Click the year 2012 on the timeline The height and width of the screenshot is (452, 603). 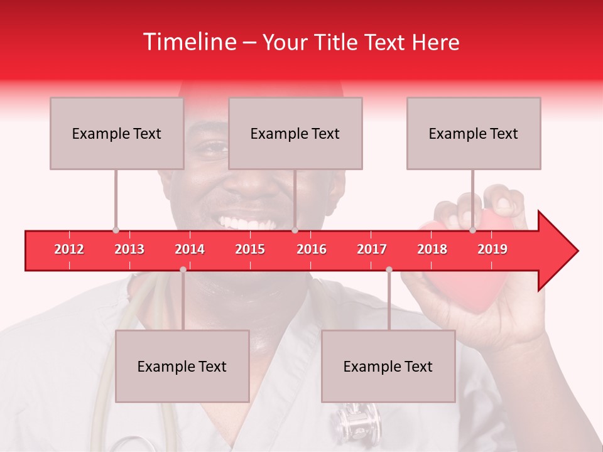(x=69, y=249)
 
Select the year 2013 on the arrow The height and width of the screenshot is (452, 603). (x=129, y=249)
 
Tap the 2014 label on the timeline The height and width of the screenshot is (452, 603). (x=190, y=249)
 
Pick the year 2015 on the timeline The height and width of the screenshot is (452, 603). (x=250, y=249)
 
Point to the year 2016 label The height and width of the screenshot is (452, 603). (x=312, y=249)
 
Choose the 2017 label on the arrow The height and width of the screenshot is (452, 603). (x=372, y=249)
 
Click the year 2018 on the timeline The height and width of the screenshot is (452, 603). (x=432, y=249)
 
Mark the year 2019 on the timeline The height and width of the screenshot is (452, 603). (x=492, y=249)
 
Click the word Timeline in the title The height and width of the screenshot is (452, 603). (x=189, y=42)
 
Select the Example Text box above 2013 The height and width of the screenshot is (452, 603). (x=117, y=133)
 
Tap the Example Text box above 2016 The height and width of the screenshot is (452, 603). (x=295, y=133)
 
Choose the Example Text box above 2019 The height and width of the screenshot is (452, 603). (x=474, y=133)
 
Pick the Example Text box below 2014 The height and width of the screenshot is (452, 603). (x=182, y=366)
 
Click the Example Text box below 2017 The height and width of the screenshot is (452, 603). (x=388, y=366)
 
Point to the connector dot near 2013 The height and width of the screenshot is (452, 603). (x=116, y=230)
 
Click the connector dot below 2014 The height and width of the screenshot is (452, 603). (x=183, y=269)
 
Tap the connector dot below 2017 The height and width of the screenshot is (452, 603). (x=389, y=269)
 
